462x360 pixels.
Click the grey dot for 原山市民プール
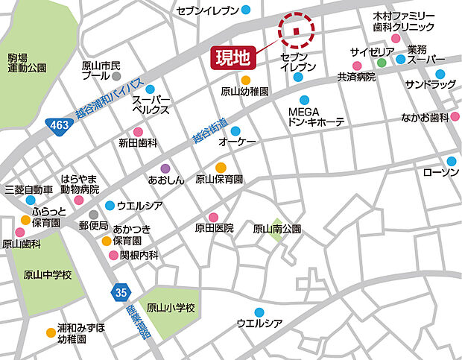click(116, 76)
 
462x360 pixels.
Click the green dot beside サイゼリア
click(382, 63)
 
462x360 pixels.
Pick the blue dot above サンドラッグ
click(440, 74)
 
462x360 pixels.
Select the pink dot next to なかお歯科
click(455, 117)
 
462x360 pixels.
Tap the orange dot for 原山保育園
click(221, 168)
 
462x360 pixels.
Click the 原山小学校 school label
click(170, 307)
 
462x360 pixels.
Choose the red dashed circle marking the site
click(297, 30)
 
